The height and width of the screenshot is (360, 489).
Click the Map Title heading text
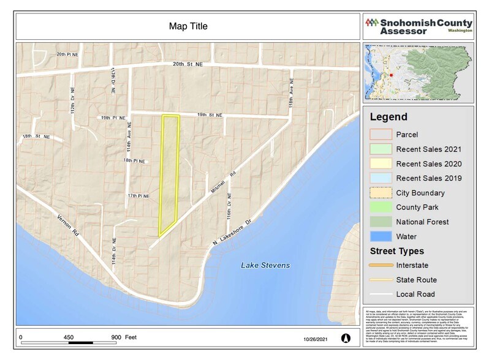pos(188,26)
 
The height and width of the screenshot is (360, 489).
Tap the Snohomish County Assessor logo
pos(419,26)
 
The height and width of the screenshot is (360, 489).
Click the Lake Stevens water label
pos(265,265)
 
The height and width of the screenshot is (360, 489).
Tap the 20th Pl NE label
pos(69,54)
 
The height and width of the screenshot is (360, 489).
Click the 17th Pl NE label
pos(138,196)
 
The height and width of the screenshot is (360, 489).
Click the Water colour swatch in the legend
pos(380,236)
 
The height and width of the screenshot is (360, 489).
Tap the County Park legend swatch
pos(380,207)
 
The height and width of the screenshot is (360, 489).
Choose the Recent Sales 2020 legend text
pos(428,163)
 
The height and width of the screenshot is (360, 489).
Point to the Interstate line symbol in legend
pos(380,265)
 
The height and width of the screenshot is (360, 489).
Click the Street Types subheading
pos(396,251)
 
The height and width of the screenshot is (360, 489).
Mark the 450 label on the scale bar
pos(68,337)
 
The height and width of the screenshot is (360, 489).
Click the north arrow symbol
pos(345,337)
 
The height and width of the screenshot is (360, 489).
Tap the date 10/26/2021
pos(316,339)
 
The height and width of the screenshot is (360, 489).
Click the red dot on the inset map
pos(390,75)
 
